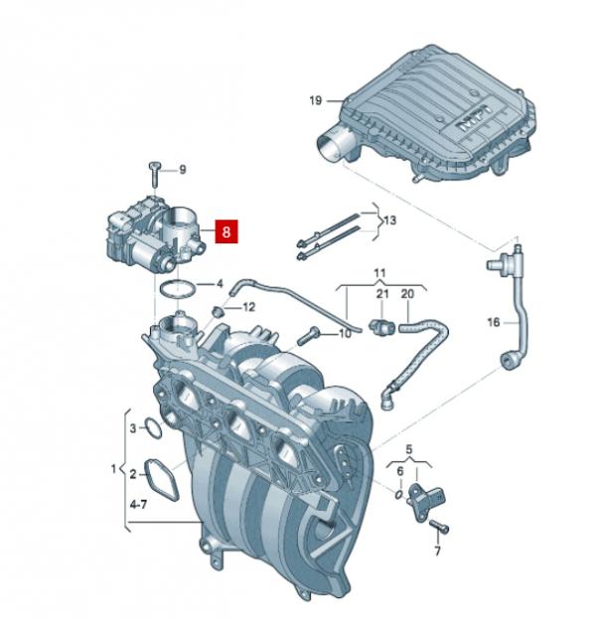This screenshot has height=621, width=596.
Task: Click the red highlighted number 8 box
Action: coord(226,232)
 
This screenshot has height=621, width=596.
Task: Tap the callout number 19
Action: coord(315,100)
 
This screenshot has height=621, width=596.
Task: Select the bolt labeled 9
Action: coord(154,174)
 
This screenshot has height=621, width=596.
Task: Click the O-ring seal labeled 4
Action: coord(178,289)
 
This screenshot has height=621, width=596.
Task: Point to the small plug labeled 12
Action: coord(218,312)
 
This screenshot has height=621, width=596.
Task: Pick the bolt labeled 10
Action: coord(309,335)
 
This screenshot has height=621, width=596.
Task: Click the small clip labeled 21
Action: coord(381,327)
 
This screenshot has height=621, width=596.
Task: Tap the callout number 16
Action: coord(494,322)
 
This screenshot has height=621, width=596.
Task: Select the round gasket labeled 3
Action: coord(153,427)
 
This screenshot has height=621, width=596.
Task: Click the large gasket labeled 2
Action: coord(161,479)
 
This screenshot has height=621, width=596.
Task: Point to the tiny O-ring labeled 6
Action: coord(399,494)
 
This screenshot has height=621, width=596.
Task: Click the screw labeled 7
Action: coord(439,526)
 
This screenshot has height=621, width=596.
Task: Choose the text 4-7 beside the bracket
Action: coord(139,505)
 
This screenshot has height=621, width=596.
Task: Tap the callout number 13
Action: coord(390,221)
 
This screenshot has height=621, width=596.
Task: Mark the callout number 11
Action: coord(379,273)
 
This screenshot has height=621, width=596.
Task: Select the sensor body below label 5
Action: coord(426,500)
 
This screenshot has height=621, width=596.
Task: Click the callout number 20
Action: coord(407,294)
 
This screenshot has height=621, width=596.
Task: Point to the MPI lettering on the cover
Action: coord(475,119)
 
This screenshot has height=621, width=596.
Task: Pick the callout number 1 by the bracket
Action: coord(113,469)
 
